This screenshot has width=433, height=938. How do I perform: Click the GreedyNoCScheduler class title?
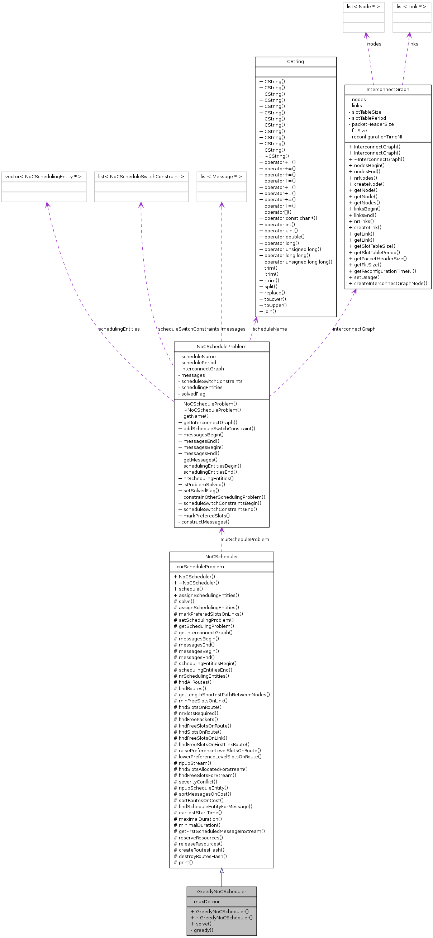click(x=221, y=891)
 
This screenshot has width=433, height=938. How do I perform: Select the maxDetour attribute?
click(x=206, y=901)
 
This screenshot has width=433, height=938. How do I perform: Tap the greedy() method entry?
click(x=203, y=930)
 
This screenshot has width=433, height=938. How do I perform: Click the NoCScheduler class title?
click(x=221, y=556)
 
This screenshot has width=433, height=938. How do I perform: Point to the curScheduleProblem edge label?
click(x=245, y=539)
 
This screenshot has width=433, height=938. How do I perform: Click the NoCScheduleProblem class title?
click(x=221, y=346)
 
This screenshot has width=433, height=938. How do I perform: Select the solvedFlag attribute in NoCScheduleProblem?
click(x=193, y=394)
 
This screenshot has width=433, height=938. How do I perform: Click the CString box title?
click(x=295, y=62)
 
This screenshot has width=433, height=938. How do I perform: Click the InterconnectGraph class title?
click(x=387, y=90)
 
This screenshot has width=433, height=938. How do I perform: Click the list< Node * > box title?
click(x=363, y=6)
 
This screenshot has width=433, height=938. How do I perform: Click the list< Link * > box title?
click(x=411, y=6)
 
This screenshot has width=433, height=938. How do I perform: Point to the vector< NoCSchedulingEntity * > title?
click(x=43, y=177)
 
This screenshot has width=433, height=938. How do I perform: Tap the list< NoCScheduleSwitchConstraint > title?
click(x=141, y=177)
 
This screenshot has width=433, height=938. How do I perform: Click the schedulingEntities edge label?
click(x=119, y=329)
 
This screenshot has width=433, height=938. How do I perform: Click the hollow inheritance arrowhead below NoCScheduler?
click(x=221, y=871)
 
